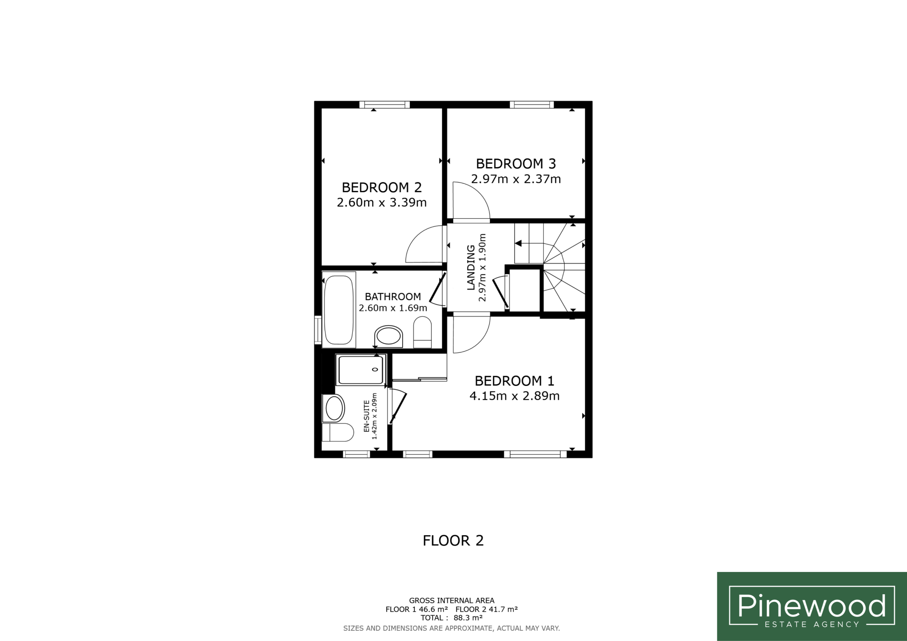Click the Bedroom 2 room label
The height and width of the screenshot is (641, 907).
pos(382,187)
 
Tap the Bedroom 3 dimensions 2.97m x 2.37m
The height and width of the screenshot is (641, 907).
pos(516,179)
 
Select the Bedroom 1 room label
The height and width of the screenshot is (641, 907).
pos(514,381)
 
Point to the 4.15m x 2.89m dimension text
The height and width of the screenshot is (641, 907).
pos(514,396)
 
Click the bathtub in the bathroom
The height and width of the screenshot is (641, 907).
pos(339,310)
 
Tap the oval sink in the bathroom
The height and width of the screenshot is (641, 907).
pos(389,337)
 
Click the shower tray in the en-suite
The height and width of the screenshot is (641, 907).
pos(361,370)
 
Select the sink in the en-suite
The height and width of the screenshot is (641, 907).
pos(334,408)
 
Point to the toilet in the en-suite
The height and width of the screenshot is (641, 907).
pos(338,432)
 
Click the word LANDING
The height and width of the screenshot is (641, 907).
pos(471,267)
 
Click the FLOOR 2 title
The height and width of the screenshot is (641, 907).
pos(453,541)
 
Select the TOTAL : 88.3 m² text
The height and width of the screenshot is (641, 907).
pos(451,618)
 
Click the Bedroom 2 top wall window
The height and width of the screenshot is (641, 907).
pos(384,105)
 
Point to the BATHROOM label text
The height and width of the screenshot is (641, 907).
pos(393,297)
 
